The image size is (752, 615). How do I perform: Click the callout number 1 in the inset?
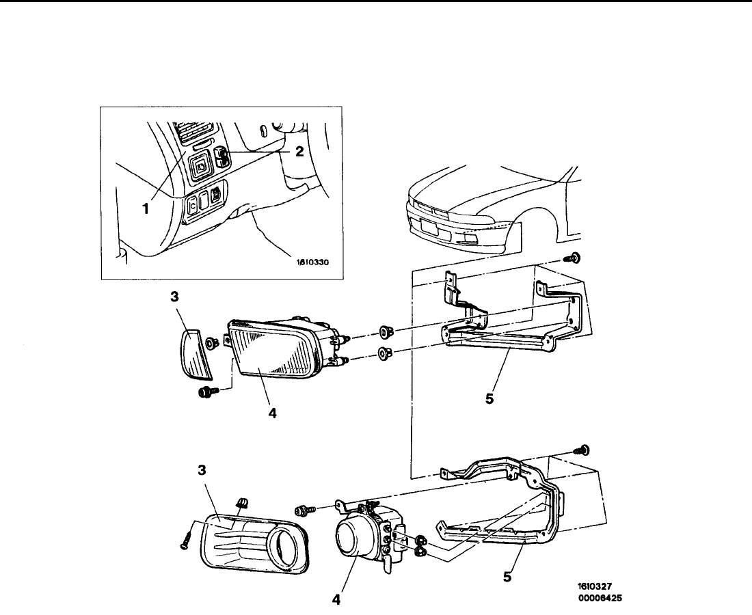click(146, 210)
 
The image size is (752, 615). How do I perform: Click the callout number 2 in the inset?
click(299, 152)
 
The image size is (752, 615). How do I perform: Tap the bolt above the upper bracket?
click(574, 258)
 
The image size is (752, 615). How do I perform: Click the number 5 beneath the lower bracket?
click(507, 577)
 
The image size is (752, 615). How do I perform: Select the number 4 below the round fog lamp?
click(335, 601)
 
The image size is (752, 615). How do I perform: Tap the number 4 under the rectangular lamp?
click(272, 414)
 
